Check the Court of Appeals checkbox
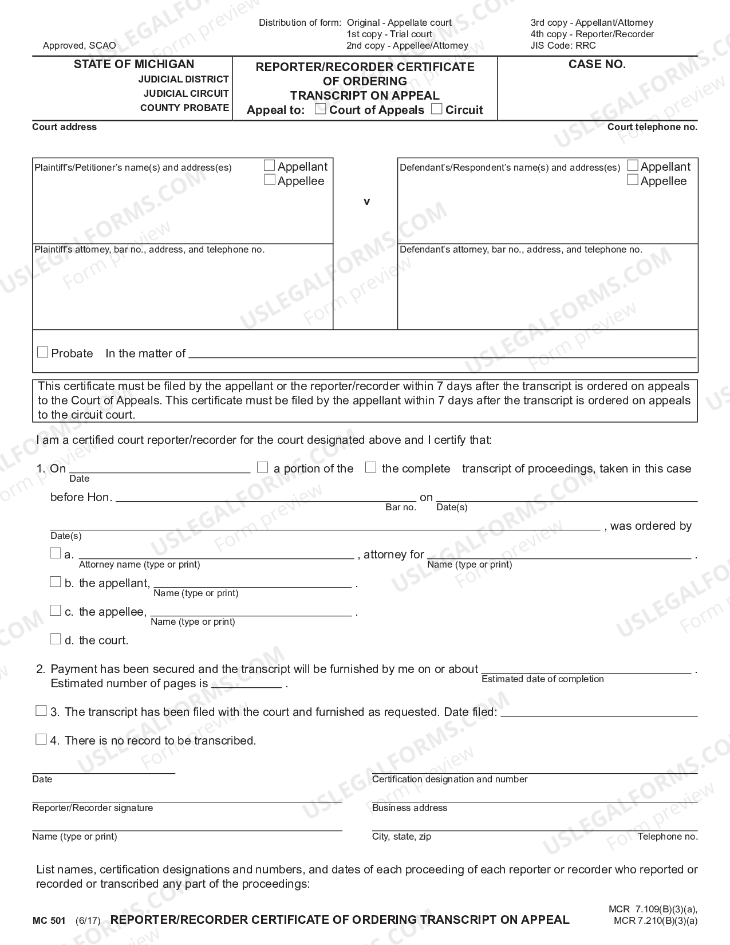point(321,109)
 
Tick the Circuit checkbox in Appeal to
point(437,109)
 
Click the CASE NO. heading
point(597,64)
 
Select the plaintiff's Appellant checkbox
point(270,166)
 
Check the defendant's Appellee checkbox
point(633,180)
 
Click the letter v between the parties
point(366,202)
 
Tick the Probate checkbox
point(42,352)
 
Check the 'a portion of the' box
point(262,467)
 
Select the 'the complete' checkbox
point(370,467)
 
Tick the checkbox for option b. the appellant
point(55,582)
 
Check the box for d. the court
point(55,639)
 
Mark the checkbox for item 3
point(41,711)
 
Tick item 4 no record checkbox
point(41,739)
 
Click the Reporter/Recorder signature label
point(93,808)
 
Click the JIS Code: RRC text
point(563,45)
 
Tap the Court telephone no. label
point(652,127)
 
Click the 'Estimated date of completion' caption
point(542,679)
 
